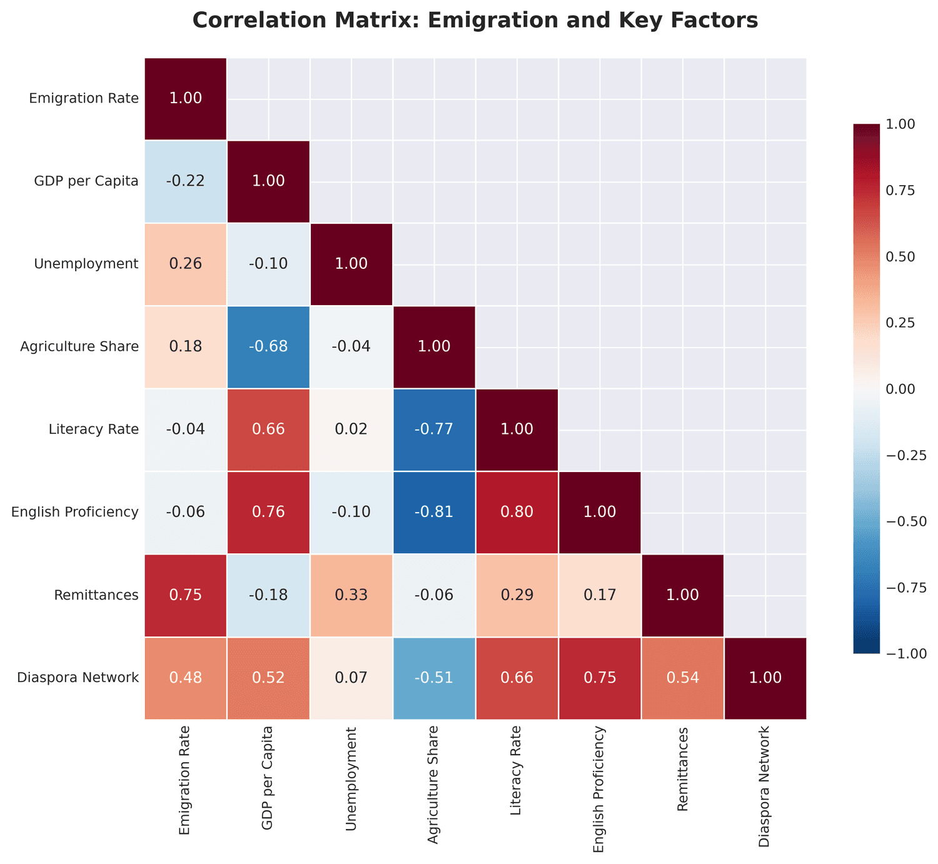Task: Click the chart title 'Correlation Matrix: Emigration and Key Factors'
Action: pos(475,21)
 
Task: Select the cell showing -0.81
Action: pos(434,512)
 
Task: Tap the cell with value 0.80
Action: pos(517,512)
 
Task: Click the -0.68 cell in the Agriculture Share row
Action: pos(268,347)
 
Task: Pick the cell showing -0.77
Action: pos(434,429)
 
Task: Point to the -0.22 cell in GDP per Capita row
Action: pos(186,181)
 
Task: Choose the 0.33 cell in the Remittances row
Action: pos(351,595)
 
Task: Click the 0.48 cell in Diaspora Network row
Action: pos(186,678)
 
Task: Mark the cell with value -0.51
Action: pos(434,678)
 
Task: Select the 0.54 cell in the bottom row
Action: pos(682,678)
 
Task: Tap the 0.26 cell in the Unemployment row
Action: pos(186,264)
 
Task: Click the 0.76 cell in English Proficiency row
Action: pos(268,512)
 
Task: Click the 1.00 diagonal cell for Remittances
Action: pos(682,595)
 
